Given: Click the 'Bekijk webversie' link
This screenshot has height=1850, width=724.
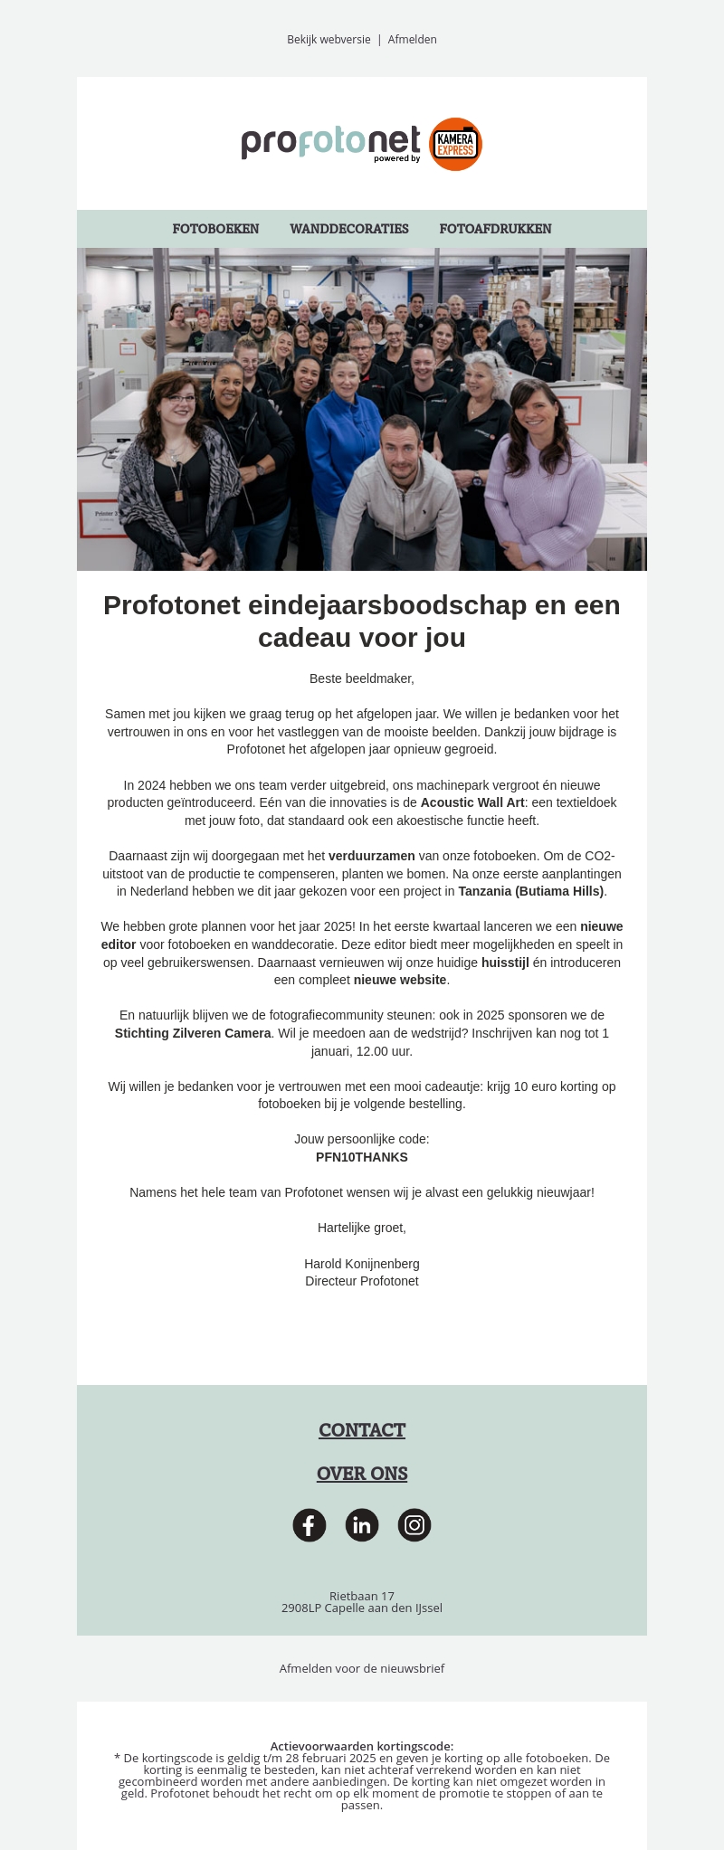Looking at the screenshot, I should tap(329, 40).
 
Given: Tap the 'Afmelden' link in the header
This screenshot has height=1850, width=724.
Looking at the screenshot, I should tap(413, 40).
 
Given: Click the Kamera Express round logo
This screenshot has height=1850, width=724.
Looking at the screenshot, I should tap(455, 144).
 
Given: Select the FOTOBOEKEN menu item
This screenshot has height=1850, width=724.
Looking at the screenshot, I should tap(215, 229).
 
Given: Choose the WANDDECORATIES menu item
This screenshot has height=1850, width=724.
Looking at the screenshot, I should tap(349, 229).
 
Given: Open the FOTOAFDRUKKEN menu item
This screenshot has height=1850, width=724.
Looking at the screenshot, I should tap(495, 229).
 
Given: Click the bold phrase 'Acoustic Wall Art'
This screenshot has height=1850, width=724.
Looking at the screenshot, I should tap(472, 802).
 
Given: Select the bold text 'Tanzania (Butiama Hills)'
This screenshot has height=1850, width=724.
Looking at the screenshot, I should tap(531, 891).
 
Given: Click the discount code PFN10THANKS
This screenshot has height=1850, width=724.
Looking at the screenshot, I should tap(362, 1157).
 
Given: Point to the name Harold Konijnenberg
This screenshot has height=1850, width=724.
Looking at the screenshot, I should tap(362, 1264).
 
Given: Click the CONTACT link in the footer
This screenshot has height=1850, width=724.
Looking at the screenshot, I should tap(362, 1430).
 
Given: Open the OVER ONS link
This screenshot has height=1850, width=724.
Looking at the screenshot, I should tap(362, 1474).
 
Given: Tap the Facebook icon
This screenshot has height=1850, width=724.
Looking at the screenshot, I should tap(310, 1525).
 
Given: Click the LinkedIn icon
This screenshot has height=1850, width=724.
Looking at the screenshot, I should tap(362, 1525).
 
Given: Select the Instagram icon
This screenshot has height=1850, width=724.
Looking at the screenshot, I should tap(414, 1525).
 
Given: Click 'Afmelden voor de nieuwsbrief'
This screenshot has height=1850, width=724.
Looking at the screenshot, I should tap(362, 1668).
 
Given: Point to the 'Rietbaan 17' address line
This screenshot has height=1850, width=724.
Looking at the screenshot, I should tap(362, 1596).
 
